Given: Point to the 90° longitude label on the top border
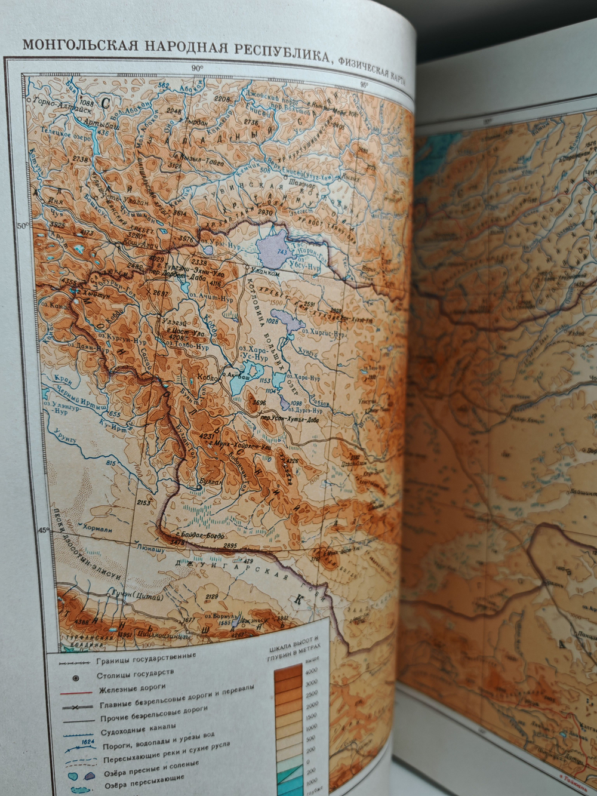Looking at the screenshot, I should (x=197, y=69).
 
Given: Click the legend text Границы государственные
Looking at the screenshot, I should (x=146, y=662).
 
